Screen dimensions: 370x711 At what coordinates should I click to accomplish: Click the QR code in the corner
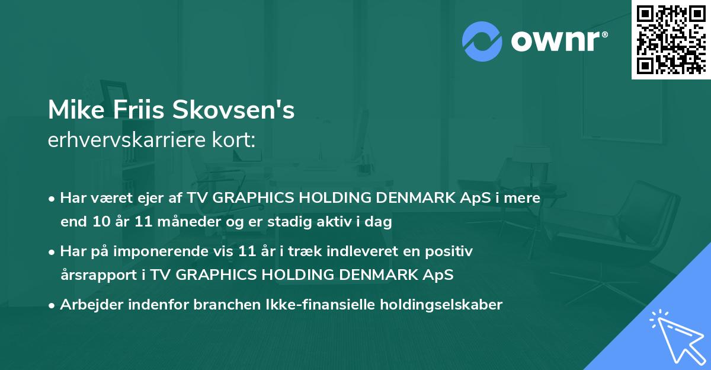point(671,39)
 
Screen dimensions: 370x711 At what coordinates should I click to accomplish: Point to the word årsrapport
point(92,276)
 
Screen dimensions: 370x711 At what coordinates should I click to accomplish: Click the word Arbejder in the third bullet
point(88,305)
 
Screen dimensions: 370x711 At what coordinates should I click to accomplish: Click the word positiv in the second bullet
point(452,251)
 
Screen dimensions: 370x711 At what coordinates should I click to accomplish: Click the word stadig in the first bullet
point(308,222)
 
